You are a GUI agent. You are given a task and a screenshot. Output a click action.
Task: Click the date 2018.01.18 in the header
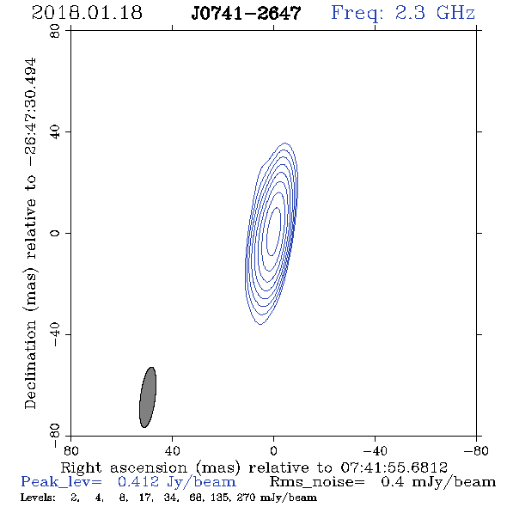click(x=87, y=13)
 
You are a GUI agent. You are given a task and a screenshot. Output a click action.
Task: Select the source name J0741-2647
click(x=246, y=13)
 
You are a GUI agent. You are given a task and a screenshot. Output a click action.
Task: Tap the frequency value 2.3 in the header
click(x=410, y=13)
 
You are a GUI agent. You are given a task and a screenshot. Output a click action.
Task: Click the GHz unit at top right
click(x=455, y=13)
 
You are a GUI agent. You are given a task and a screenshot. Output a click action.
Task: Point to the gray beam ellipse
click(x=148, y=397)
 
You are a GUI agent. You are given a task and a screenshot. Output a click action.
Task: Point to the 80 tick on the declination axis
click(x=55, y=31)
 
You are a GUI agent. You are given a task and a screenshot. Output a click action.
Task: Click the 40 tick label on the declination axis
click(x=55, y=132)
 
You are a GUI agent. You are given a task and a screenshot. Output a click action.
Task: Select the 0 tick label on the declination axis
click(x=55, y=233)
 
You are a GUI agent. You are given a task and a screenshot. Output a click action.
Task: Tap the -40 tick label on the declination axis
click(x=55, y=334)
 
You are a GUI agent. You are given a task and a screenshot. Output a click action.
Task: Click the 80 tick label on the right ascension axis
click(x=70, y=451)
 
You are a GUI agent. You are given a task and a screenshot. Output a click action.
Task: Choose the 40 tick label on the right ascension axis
click(x=172, y=451)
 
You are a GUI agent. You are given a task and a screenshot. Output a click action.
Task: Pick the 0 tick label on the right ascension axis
click(x=273, y=451)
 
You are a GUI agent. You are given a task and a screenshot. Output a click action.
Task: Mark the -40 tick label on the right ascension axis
click(x=375, y=451)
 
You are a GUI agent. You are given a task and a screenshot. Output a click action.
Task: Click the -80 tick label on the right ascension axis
click(x=476, y=451)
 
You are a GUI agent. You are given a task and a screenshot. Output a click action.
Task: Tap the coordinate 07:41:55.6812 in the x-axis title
click(x=394, y=467)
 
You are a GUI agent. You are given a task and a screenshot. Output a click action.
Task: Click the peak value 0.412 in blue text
click(x=138, y=482)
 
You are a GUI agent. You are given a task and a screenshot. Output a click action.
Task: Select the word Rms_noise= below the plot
click(x=317, y=482)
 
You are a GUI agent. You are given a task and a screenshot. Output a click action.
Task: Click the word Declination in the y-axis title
click(x=30, y=364)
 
